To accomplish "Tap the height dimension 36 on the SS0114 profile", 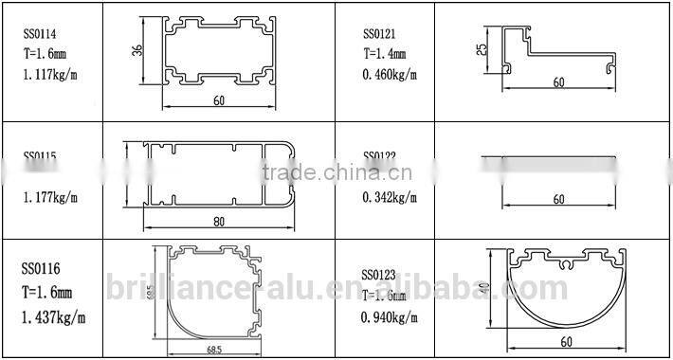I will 137,51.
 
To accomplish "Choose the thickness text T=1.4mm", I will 385,53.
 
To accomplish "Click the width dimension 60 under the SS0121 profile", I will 558,82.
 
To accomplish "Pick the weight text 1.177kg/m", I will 50,199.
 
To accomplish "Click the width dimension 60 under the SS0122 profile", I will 558,199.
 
